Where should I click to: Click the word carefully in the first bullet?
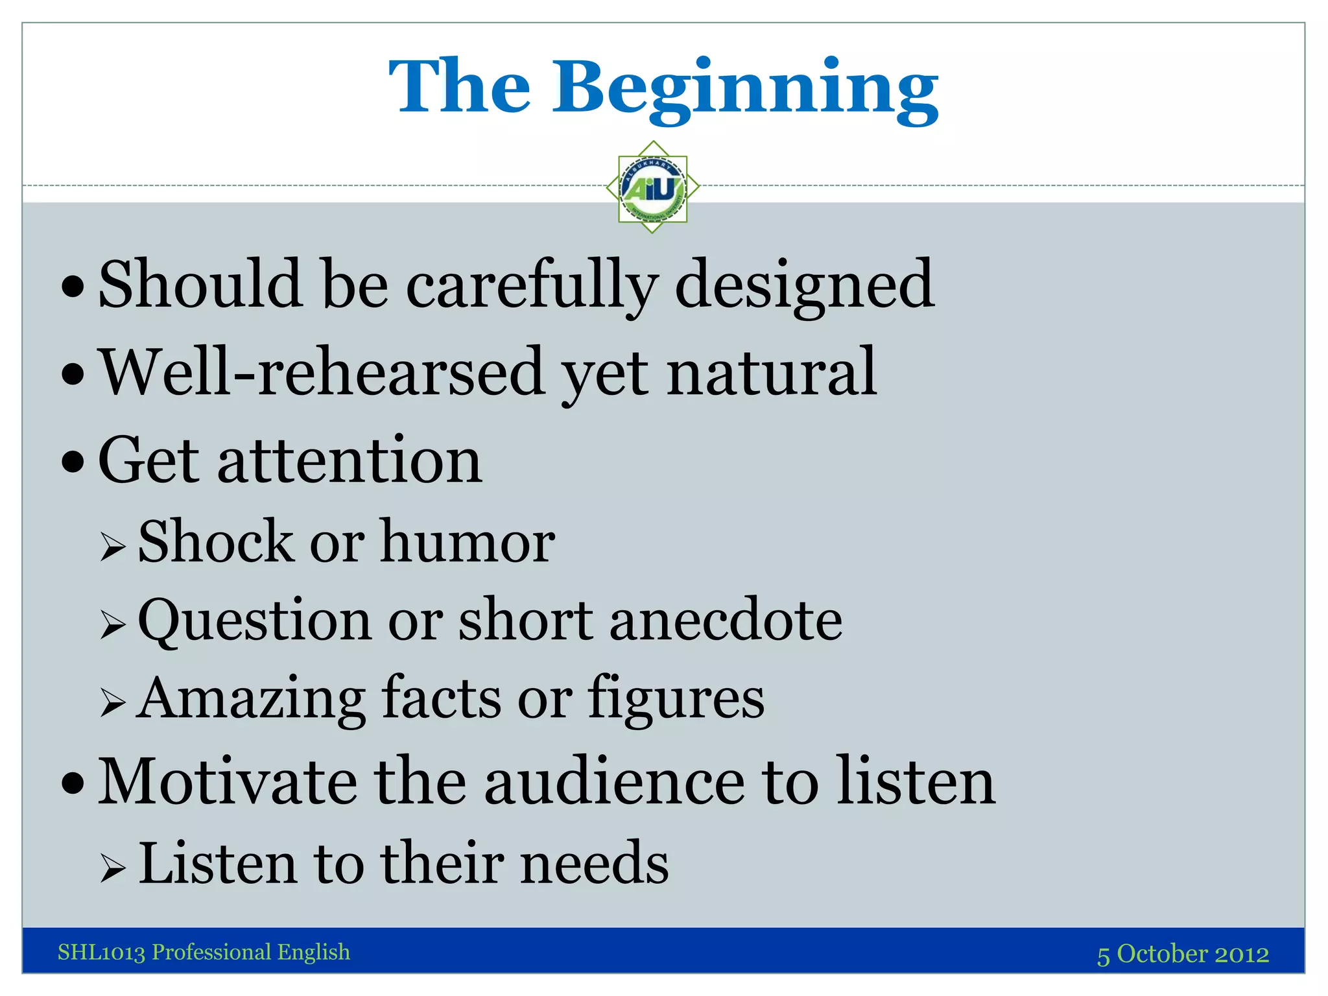click(532, 285)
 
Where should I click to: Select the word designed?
click(804, 285)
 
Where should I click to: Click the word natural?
click(772, 372)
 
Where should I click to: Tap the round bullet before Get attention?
click(73, 462)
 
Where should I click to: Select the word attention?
click(350, 460)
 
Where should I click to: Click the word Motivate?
click(227, 782)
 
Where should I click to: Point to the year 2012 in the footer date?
click(1241, 954)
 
